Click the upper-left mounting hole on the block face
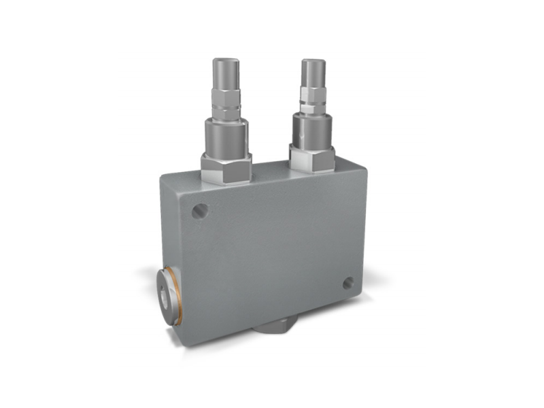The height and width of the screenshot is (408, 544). coord(199,211)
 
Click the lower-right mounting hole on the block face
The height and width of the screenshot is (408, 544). coord(348,283)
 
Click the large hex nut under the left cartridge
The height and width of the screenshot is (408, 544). coord(226,169)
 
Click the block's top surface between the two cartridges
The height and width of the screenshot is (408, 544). coord(270,167)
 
